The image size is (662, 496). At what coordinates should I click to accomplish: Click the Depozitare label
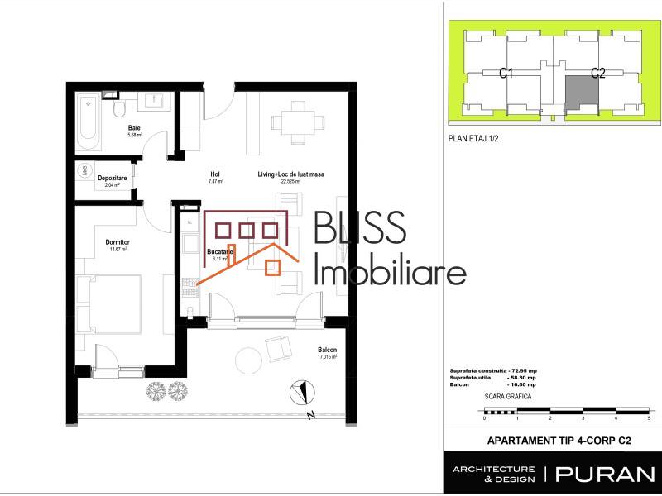click(112, 178)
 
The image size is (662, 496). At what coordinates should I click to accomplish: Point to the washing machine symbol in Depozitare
click(84, 170)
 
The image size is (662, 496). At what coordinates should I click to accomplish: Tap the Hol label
click(215, 174)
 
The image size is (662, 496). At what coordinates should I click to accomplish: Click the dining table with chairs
click(294, 122)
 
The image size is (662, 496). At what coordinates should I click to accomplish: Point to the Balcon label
click(328, 350)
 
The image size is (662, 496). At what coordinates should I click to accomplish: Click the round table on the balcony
click(250, 360)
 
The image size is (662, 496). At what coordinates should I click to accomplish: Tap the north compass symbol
click(304, 391)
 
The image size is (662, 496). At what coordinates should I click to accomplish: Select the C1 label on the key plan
click(507, 74)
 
